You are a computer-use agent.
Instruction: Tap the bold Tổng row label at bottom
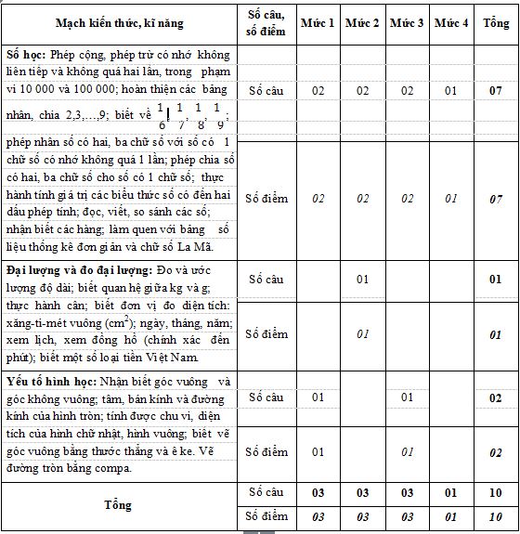[x=121, y=504]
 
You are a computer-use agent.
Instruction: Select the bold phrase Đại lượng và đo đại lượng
[x=73, y=269]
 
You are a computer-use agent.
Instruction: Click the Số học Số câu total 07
[x=496, y=91]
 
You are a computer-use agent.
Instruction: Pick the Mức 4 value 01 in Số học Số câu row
[x=451, y=91]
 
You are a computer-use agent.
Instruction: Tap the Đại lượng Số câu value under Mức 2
[x=362, y=279]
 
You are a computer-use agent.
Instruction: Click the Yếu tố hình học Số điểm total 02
[x=496, y=452]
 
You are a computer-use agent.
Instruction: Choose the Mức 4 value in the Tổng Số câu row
[x=451, y=492]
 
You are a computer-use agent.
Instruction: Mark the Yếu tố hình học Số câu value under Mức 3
[x=407, y=397]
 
